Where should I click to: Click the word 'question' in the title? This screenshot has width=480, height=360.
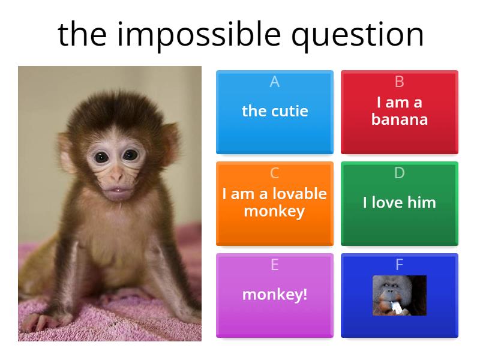coord(358,34)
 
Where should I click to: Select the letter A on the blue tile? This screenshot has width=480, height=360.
coord(275,82)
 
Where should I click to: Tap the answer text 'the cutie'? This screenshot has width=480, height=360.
coord(275,111)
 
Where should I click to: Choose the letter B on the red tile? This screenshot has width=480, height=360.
coord(400,82)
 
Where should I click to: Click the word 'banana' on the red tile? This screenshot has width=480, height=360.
coord(400,119)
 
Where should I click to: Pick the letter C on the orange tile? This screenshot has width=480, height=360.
coord(275,173)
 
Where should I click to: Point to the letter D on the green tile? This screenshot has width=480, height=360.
coord(400,173)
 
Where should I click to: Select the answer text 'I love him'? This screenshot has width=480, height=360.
coord(400,203)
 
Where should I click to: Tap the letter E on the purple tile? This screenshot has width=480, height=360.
coord(275,265)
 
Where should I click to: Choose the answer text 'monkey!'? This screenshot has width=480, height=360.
coord(275,295)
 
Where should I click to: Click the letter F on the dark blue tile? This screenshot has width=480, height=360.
coord(400,265)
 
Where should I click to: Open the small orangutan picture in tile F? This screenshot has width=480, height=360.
coord(400,295)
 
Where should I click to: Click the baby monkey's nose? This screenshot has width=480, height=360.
coord(115,177)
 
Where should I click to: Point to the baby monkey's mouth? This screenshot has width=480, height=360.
coord(117,190)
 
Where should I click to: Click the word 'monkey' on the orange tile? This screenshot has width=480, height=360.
coord(275,211)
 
